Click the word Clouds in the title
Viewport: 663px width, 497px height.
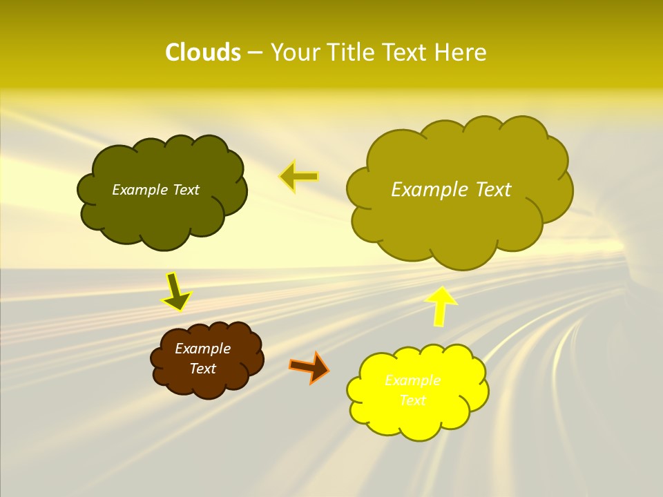click(203, 52)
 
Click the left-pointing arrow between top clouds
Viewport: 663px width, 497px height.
click(298, 177)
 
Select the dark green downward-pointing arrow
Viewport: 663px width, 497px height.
click(176, 291)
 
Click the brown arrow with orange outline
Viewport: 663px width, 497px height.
click(309, 367)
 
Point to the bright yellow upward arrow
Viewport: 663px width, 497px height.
click(440, 305)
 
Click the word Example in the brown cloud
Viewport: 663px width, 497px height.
click(202, 349)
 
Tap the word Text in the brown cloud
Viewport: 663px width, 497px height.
click(203, 369)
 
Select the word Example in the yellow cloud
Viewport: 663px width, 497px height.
click(412, 380)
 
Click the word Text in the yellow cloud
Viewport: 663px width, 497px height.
click(413, 400)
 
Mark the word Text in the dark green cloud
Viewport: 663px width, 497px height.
click(186, 190)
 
